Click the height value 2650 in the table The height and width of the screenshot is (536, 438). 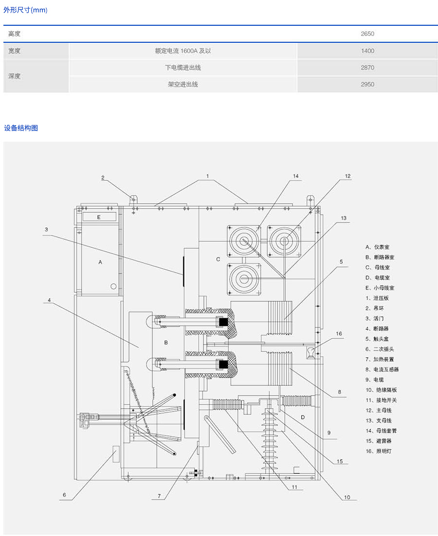pos(367,34)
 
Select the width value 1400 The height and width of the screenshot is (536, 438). pos(367,51)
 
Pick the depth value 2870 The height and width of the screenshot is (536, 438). pos(367,68)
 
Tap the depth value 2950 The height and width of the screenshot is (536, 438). pos(367,84)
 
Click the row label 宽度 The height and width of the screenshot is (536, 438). pos(15,51)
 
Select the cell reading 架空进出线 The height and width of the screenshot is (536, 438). pos(183,84)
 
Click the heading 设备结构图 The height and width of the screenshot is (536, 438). pos(21,128)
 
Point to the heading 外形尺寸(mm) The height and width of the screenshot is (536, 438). pos(26,10)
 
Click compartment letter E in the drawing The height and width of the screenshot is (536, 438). pos(98,217)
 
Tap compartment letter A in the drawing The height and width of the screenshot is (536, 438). pos(100,262)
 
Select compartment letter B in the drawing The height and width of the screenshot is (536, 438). pos(166,343)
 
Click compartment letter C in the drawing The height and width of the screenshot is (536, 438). pos(218,259)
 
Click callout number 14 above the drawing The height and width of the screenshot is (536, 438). pos(295,176)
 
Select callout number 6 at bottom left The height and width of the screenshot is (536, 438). pos(64,496)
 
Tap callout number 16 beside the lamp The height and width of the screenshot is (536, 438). pos(339,334)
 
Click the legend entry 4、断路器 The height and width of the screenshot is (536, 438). pos(377,329)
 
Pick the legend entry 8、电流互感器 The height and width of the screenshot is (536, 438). pos(382,369)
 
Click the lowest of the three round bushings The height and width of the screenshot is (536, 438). pos(243,279)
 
